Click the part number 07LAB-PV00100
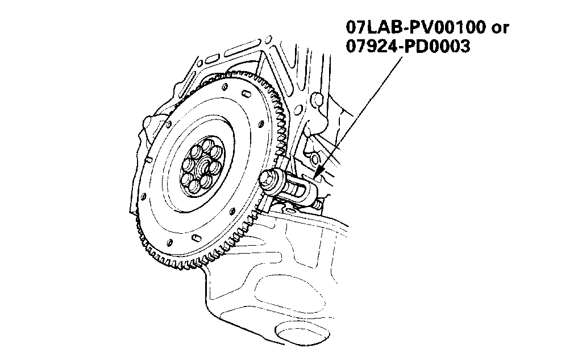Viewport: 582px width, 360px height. (415, 27)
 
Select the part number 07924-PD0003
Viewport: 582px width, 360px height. (408, 46)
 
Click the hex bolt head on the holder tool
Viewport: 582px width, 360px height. (268, 180)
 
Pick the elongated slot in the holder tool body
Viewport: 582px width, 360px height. (297, 191)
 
